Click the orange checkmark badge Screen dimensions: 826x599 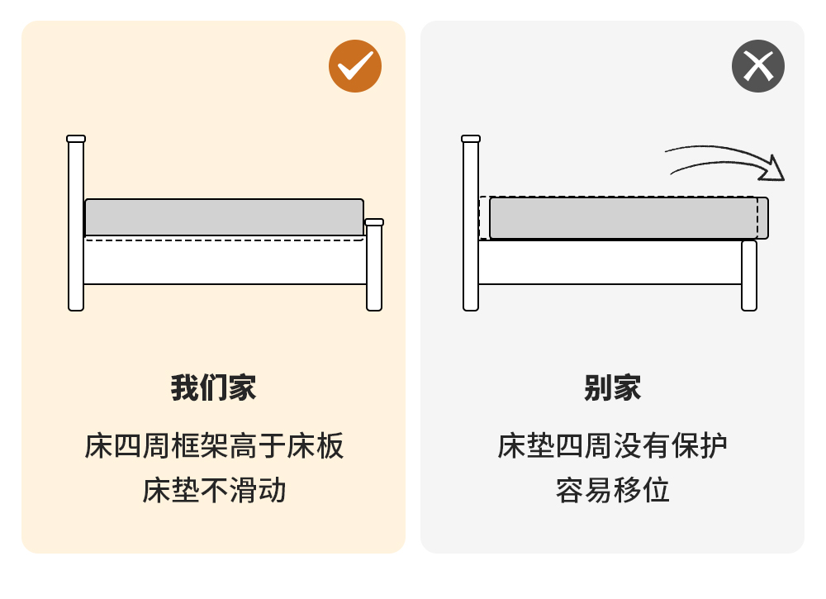pyautogui.click(x=355, y=66)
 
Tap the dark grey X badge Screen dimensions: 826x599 pyautogui.click(x=758, y=66)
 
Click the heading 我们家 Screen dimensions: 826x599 pyautogui.click(x=213, y=388)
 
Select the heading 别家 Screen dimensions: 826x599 pyautogui.click(x=612, y=388)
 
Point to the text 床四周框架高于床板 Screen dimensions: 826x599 pyautogui.click(x=214, y=445)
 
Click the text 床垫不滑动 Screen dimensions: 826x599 pyautogui.click(x=214, y=491)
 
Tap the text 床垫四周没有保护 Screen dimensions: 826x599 pyautogui.click(x=612, y=445)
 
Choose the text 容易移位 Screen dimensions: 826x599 pyautogui.click(x=612, y=491)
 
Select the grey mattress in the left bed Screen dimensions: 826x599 pyautogui.click(x=224, y=217)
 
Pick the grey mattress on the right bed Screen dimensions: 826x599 pyautogui.click(x=629, y=217)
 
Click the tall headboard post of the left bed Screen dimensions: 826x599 pyautogui.click(x=76, y=223)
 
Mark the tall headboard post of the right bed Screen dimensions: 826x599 pyautogui.click(x=471, y=223)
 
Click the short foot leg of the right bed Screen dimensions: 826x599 pyautogui.click(x=749, y=275)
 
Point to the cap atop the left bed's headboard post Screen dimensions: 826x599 pyautogui.click(x=76, y=139)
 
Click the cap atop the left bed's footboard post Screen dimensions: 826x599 pyautogui.click(x=374, y=222)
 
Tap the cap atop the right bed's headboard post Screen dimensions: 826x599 pyautogui.click(x=471, y=139)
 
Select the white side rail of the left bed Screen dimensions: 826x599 pyautogui.click(x=225, y=261)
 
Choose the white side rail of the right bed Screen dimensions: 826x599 pyautogui.click(x=610, y=262)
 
